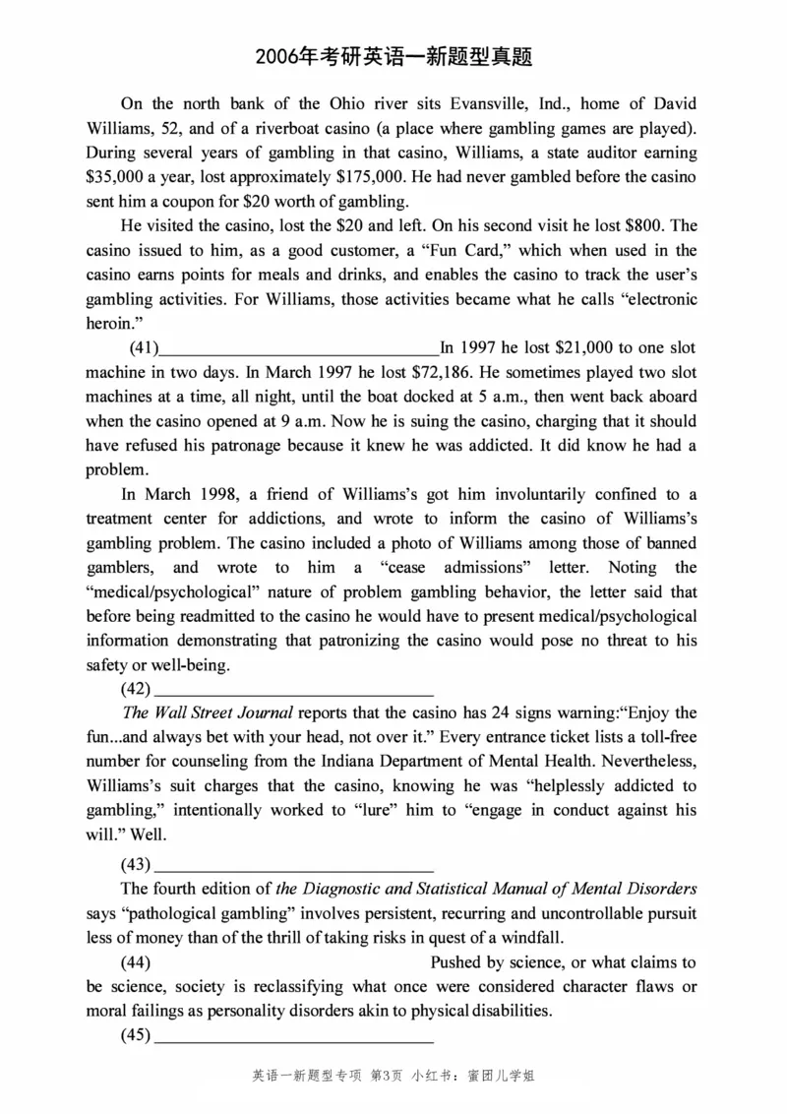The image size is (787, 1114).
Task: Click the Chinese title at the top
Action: (393, 57)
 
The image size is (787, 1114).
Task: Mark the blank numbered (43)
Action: (294, 865)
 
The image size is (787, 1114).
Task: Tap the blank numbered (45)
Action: (294, 1035)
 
